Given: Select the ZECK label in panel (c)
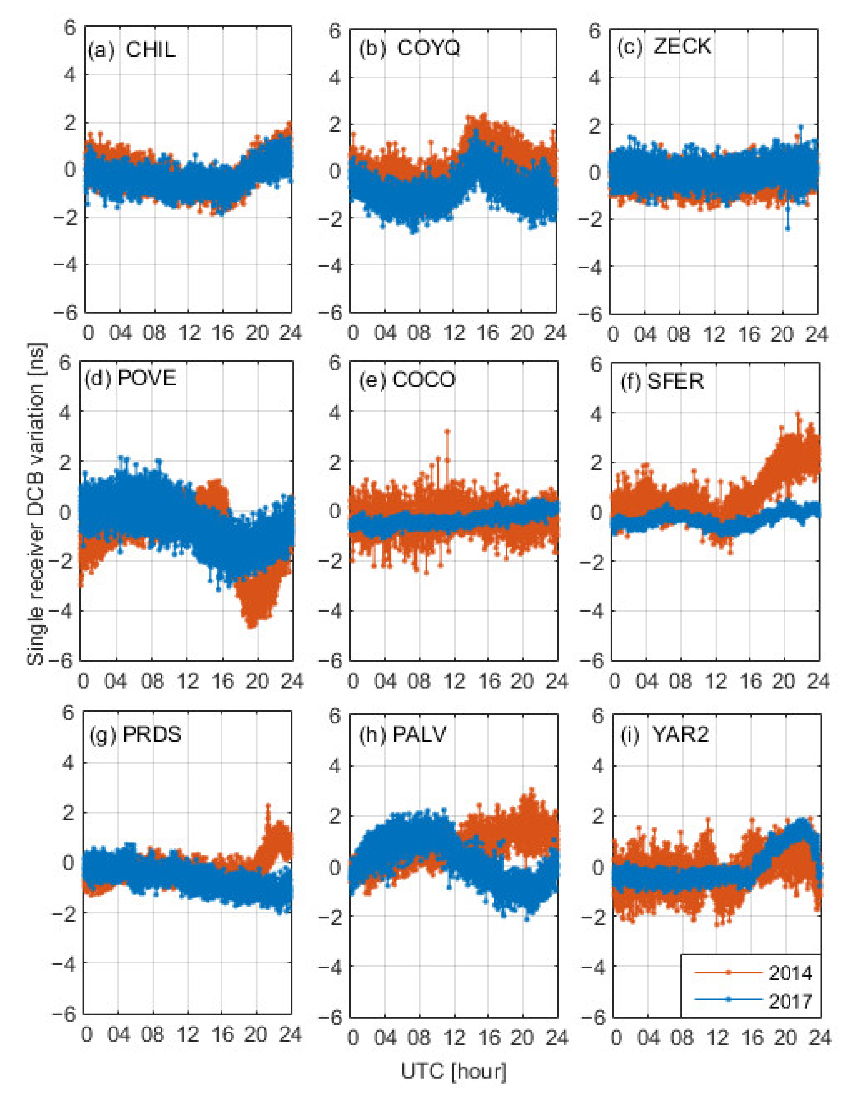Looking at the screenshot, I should [663, 47].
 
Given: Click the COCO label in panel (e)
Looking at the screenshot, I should [407, 379].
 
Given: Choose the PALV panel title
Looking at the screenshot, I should [402, 735].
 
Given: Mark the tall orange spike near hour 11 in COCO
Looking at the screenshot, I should [447, 431].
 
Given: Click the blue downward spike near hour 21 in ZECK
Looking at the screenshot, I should [788, 228].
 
